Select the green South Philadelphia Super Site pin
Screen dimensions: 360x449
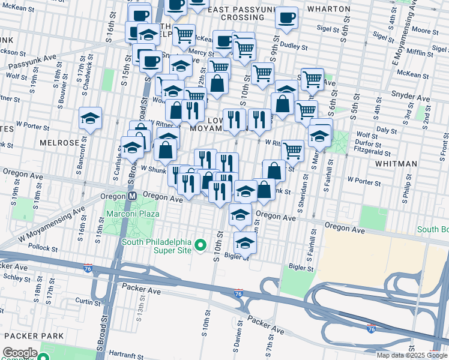202,245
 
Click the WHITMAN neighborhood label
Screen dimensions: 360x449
396,163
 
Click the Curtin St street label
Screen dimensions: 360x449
88,301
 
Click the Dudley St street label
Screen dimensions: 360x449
294,46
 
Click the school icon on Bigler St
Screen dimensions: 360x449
245,243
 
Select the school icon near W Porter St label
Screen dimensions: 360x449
90,118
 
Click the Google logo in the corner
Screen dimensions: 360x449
20,353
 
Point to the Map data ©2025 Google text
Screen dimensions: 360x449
412,355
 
